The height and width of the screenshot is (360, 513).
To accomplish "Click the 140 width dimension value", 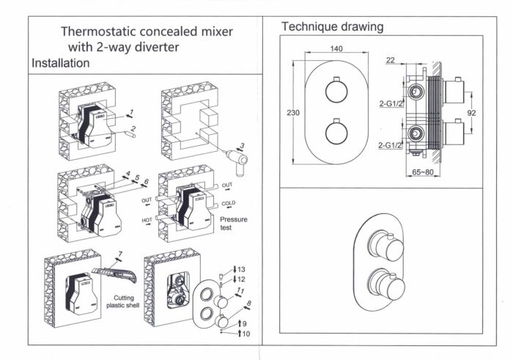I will coord(336,49).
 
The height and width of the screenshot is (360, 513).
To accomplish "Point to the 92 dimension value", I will coord(473,113).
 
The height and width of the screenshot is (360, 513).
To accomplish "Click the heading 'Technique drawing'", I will coord(332,27).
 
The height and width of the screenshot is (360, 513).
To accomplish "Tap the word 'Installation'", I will coord(60,63).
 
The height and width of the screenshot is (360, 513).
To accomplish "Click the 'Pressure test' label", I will coord(234,224).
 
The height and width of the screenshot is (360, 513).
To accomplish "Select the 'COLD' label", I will coord(228,203).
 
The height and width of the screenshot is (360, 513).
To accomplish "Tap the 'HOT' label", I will coord(147,218).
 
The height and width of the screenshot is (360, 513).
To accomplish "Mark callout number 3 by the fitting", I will coord(243,145).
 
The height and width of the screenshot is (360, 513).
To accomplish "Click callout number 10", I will coord(244,334).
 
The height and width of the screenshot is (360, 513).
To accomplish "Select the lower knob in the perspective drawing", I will coord(387,284).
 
